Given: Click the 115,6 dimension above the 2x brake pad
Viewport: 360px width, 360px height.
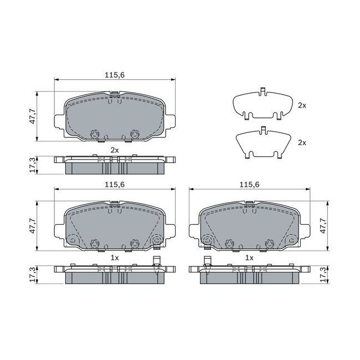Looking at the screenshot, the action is point(115,75).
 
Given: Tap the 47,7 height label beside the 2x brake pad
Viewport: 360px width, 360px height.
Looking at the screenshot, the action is point(32,116).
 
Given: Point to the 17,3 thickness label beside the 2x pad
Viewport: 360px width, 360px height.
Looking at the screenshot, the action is point(32,165).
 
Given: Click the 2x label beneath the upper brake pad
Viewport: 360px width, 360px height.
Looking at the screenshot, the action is point(115,150).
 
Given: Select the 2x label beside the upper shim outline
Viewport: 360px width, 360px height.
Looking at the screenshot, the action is point(302,105).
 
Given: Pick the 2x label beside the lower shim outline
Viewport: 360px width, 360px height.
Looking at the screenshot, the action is point(302,143).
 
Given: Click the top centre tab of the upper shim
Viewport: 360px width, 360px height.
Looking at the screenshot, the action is point(263,91).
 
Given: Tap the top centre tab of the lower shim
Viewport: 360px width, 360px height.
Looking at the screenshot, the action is point(264,130).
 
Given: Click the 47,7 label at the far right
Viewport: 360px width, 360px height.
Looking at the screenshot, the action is point(323,225).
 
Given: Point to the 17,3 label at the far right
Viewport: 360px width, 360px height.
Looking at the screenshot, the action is point(323,274).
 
